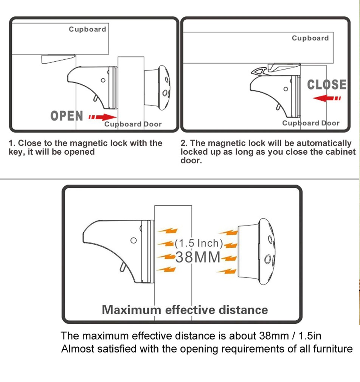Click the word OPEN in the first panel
point(67,116)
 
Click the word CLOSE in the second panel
point(327,85)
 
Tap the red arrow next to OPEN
point(102,117)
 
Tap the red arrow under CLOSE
point(327,98)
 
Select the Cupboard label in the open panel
point(87,29)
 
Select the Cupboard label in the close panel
point(310,38)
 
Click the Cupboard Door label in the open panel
point(133,124)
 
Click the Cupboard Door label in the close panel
point(311,123)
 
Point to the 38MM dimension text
point(198,257)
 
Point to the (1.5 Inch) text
point(199,243)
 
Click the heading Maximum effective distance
point(185,310)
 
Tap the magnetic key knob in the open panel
point(157,88)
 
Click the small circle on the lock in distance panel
point(133,241)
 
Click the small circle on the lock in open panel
point(103,80)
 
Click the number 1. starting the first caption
point(12,143)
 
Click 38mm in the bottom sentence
point(274,336)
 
